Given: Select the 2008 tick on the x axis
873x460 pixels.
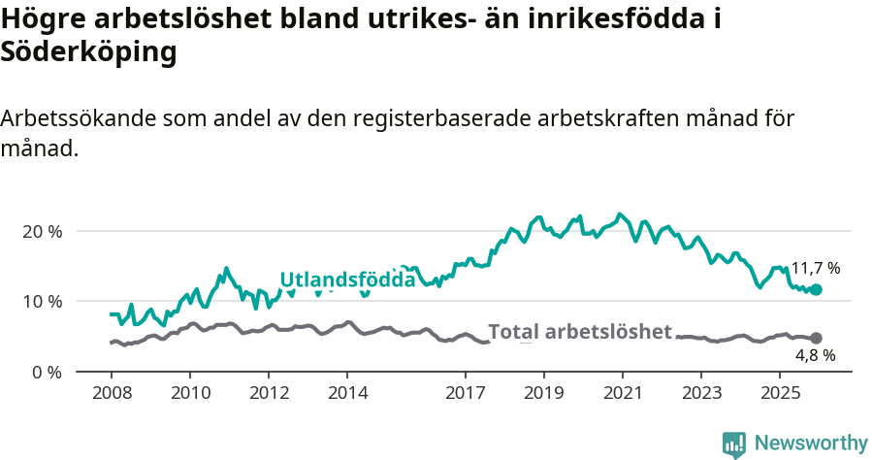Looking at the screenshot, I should point(111,393).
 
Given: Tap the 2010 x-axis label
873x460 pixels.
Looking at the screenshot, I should point(189,393).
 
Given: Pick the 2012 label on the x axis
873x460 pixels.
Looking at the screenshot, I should point(269,393).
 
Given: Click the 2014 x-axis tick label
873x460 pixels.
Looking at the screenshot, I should point(347,393).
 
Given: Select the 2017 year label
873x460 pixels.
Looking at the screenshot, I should point(466,393).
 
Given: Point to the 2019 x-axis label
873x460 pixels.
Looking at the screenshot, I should point(544,393).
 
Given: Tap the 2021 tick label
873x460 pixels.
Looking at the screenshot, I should point(623,393).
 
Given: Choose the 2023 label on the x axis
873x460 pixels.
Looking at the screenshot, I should point(702,393).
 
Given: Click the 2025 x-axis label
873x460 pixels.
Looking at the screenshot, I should point(781,393).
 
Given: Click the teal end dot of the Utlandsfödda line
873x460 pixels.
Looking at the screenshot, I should point(816,289).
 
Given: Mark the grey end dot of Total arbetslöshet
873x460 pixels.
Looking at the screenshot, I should point(816,338).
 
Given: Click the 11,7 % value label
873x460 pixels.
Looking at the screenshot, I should point(816,268).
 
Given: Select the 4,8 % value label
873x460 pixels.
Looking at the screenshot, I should point(816,355).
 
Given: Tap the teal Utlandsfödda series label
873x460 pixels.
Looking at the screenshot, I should point(347,279).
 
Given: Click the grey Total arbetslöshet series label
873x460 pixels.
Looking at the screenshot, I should point(579,332).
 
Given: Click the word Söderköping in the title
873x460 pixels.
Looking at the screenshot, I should point(89,53).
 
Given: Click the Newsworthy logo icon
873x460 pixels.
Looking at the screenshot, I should point(734,444).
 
